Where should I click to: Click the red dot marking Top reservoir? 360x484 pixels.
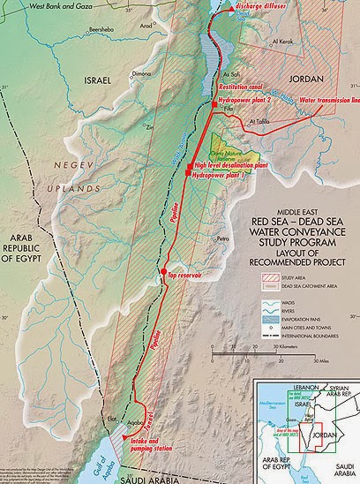point(163,270)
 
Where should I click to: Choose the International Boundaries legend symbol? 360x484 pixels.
point(265,337)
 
